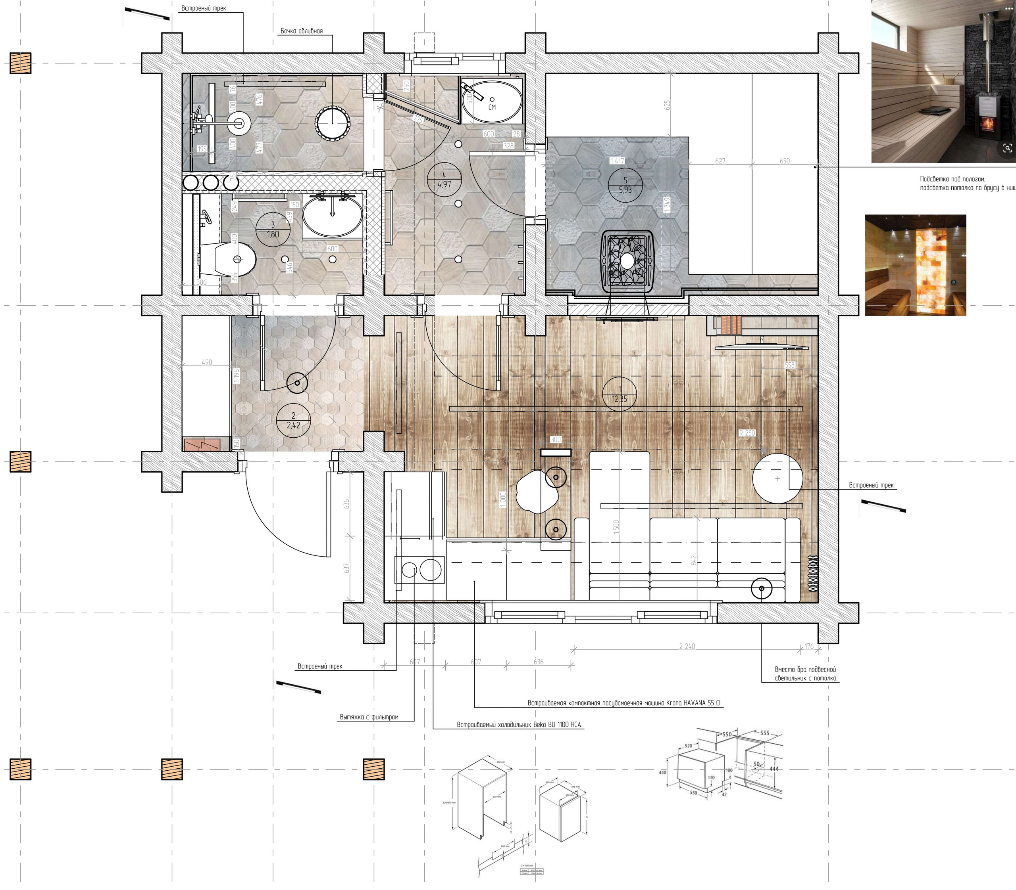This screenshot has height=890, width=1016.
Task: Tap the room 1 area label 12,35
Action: pos(620,398)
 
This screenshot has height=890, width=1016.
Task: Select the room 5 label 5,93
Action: pos(625,189)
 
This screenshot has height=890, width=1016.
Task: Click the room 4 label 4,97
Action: pos(444,184)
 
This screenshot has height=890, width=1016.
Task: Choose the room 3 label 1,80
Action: pos(273,234)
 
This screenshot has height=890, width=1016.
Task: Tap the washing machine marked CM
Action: pos(492,101)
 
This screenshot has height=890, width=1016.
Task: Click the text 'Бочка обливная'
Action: pos(301,31)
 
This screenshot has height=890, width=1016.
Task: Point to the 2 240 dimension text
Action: pos(687,646)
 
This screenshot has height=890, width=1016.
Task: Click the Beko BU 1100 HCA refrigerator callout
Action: pos(519,725)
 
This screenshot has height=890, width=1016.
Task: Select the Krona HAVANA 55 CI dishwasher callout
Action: pos(624,703)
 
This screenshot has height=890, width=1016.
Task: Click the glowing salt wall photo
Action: pos(915,265)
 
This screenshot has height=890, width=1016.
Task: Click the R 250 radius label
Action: pos(747,433)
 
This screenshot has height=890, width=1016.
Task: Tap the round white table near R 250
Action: pos(777,478)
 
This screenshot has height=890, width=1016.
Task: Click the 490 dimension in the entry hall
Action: pos(207,362)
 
